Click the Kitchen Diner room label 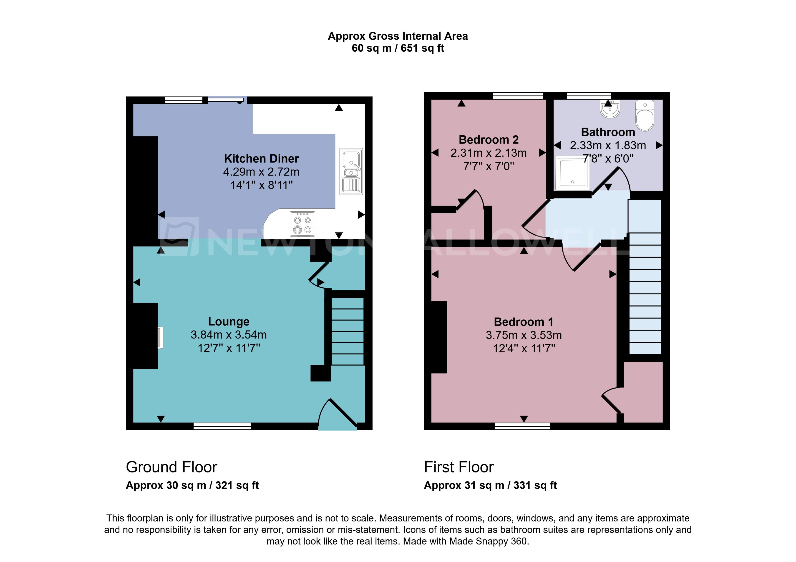[x=261, y=159]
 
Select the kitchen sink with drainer [x=351, y=171]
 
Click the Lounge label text [x=229, y=321]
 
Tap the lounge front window [x=222, y=426]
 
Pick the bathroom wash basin [x=610, y=109]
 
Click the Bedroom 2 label [x=489, y=140]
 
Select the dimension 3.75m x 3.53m [x=524, y=335]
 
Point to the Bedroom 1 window [x=522, y=426]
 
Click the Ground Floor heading [x=171, y=467]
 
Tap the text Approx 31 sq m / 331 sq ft [x=490, y=485]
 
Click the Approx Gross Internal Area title [x=398, y=36]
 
